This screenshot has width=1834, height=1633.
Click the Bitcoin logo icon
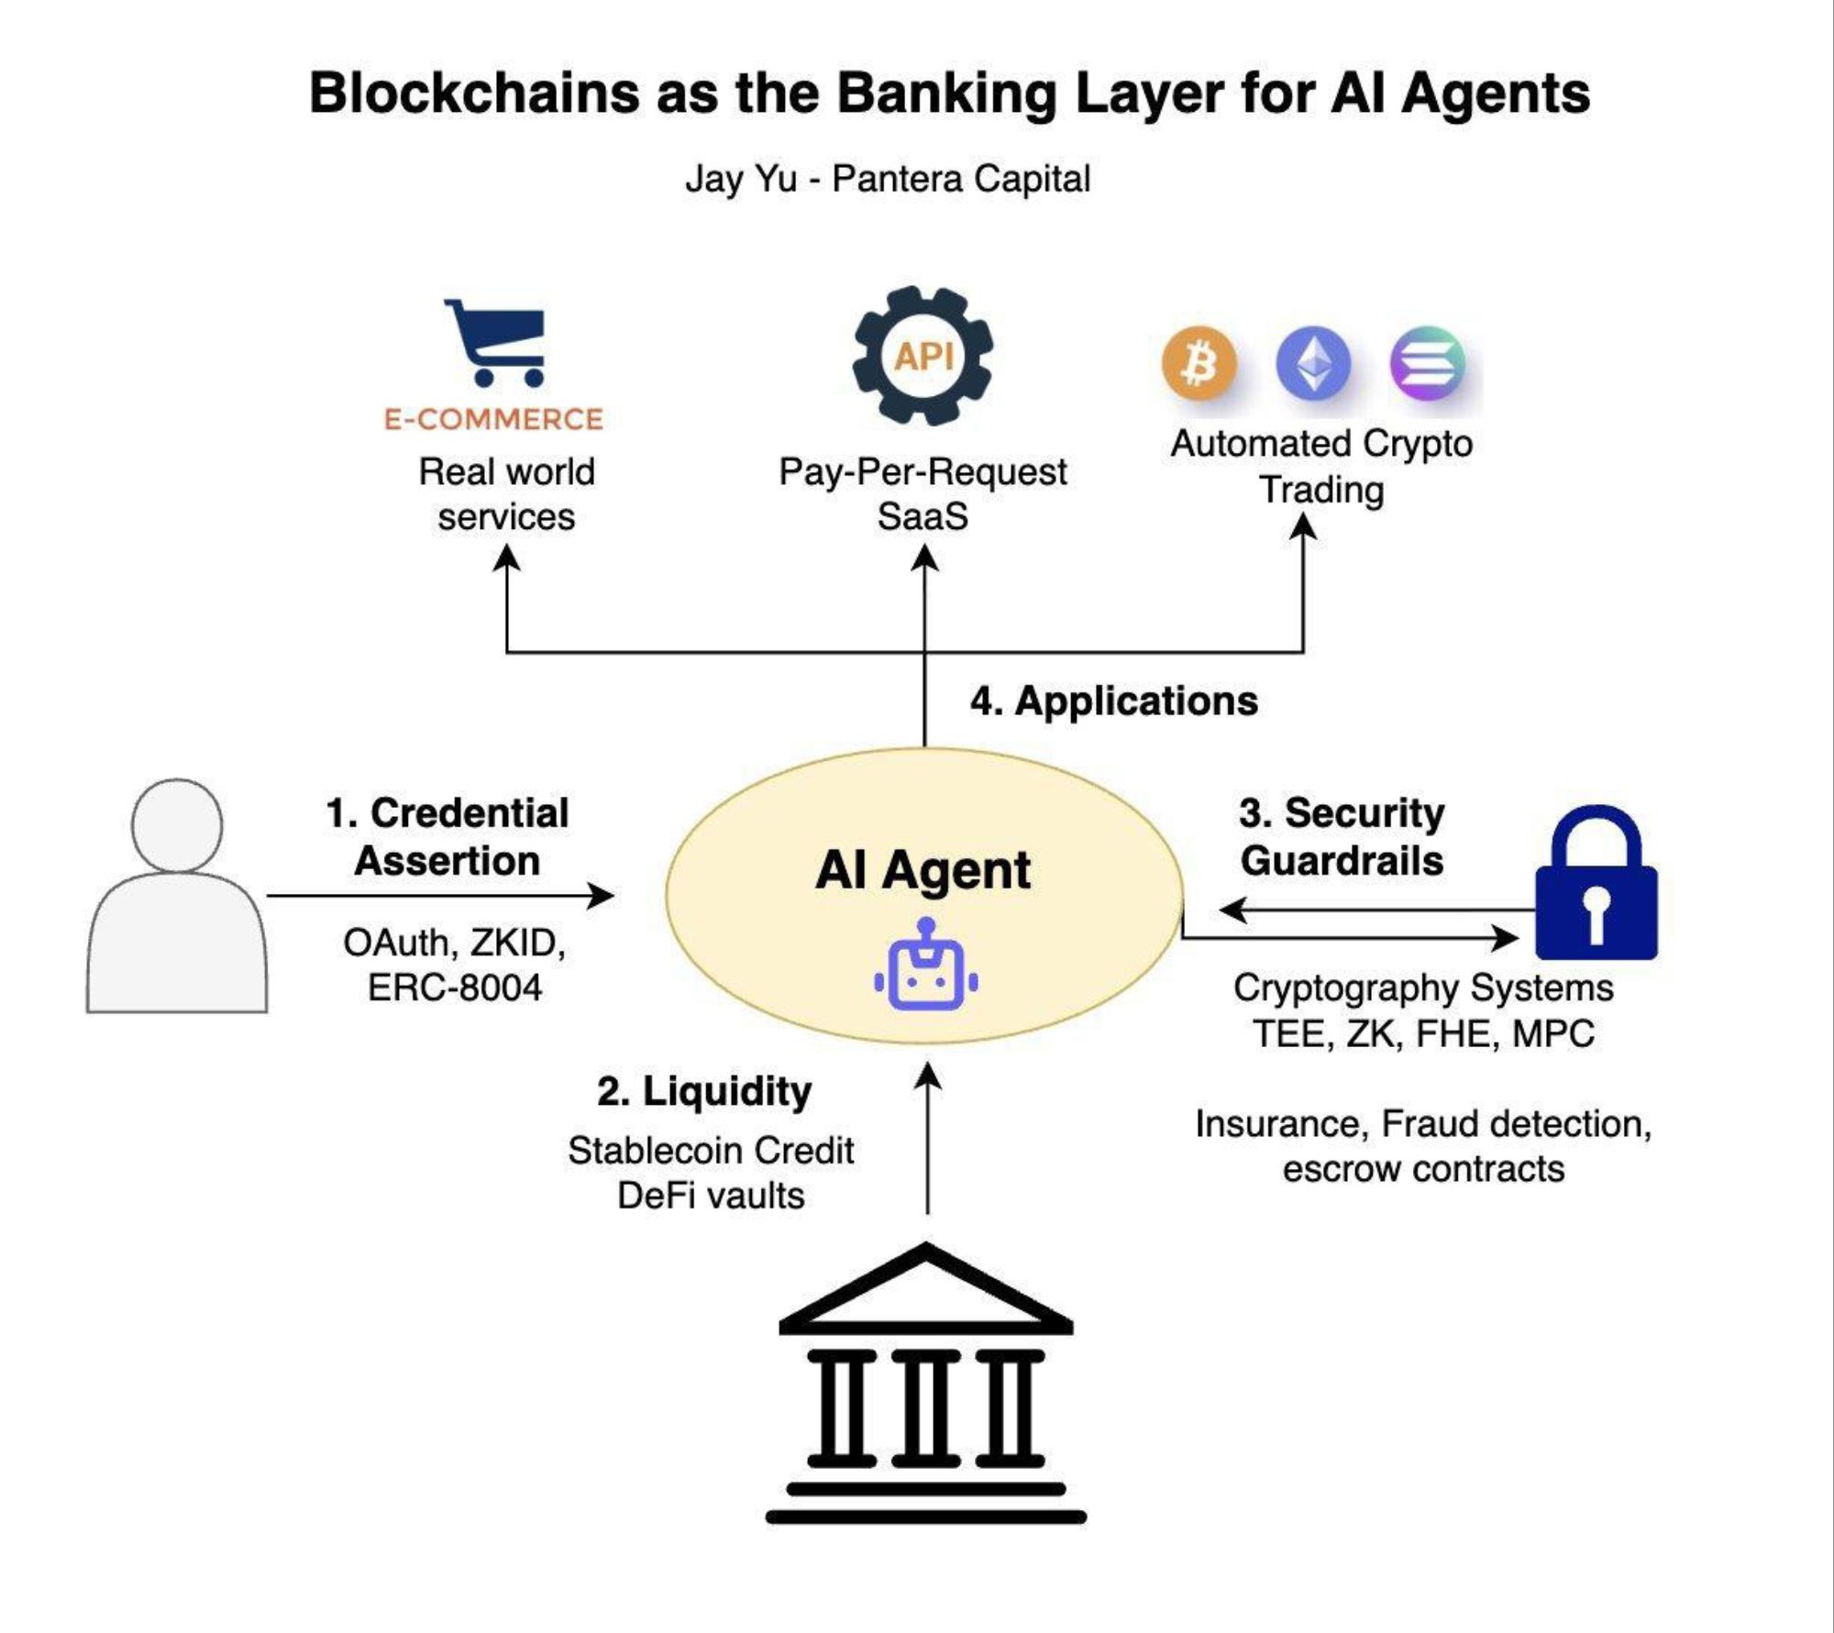tap(1199, 364)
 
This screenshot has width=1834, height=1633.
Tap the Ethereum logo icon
tap(1313, 364)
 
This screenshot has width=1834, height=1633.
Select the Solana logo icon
tap(1427, 364)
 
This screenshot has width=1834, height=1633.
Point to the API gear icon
tap(923, 356)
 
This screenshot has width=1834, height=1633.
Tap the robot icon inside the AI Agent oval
tap(925, 975)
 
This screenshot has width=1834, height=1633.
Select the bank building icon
tap(925, 1385)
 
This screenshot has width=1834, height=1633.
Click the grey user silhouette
tap(177, 897)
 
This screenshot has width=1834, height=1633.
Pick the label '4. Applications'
tap(1113, 701)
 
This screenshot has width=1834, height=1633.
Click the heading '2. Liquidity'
tap(704, 1091)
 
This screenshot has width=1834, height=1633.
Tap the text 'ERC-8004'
tap(455, 988)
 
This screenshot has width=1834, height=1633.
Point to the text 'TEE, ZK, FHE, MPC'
tap(1423, 1033)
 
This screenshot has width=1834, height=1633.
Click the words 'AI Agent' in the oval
tap(923, 869)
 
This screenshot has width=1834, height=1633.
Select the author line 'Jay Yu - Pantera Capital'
tap(888, 179)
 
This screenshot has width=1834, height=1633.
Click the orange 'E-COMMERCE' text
tap(493, 419)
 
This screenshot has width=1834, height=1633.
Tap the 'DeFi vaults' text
tap(711, 1196)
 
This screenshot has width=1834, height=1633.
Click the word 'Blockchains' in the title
tap(473, 94)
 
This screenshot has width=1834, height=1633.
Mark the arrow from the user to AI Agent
tap(440, 896)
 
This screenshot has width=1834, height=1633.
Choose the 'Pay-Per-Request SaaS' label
tap(923, 494)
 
